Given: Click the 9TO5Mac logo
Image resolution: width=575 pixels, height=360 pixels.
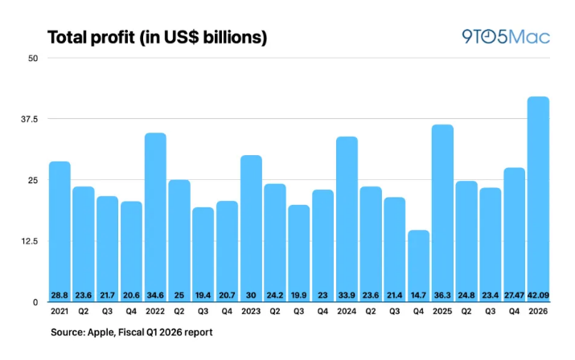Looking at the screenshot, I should [506, 38].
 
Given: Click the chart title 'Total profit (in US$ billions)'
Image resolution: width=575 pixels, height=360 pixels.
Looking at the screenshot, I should [158, 38].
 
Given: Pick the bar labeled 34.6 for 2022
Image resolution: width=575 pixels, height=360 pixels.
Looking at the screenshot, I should [155, 213].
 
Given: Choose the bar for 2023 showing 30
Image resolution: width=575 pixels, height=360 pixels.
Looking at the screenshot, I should [251, 225].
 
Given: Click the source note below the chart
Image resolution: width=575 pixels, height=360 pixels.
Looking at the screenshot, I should [132, 332].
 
